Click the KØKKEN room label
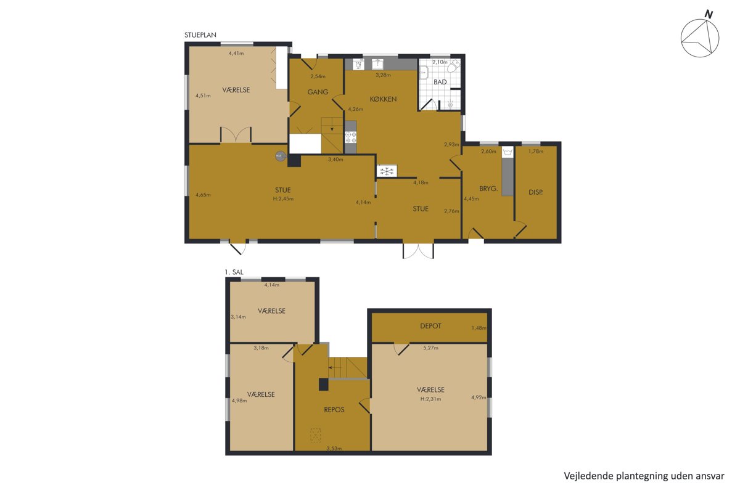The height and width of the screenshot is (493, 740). tap(383, 99)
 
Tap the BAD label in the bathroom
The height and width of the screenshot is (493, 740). tap(440, 82)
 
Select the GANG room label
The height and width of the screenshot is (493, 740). tap(318, 92)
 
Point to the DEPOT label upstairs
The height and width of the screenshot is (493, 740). tap(430, 326)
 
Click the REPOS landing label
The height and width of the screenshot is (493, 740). tap(334, 409)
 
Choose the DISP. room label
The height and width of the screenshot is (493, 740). tap(535, 192)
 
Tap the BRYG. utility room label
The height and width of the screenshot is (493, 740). tap(488, 189)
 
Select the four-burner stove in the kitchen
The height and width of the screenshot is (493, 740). tap(350, 137)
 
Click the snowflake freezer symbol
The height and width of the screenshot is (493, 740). tap(387, 171)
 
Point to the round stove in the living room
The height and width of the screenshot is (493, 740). tap(281, 156)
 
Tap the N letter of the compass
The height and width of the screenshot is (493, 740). tap(709, 14)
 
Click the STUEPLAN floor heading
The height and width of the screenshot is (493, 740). tap(200, 35)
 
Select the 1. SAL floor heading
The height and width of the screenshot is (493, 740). tap(234, 272)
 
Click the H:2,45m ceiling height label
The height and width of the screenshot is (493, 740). tap(283, 199)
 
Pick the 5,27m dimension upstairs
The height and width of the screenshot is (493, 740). tap(431, 348)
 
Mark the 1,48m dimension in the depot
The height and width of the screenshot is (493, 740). tap(479, 328)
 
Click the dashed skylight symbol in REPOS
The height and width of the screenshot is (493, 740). tap(316, 435)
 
